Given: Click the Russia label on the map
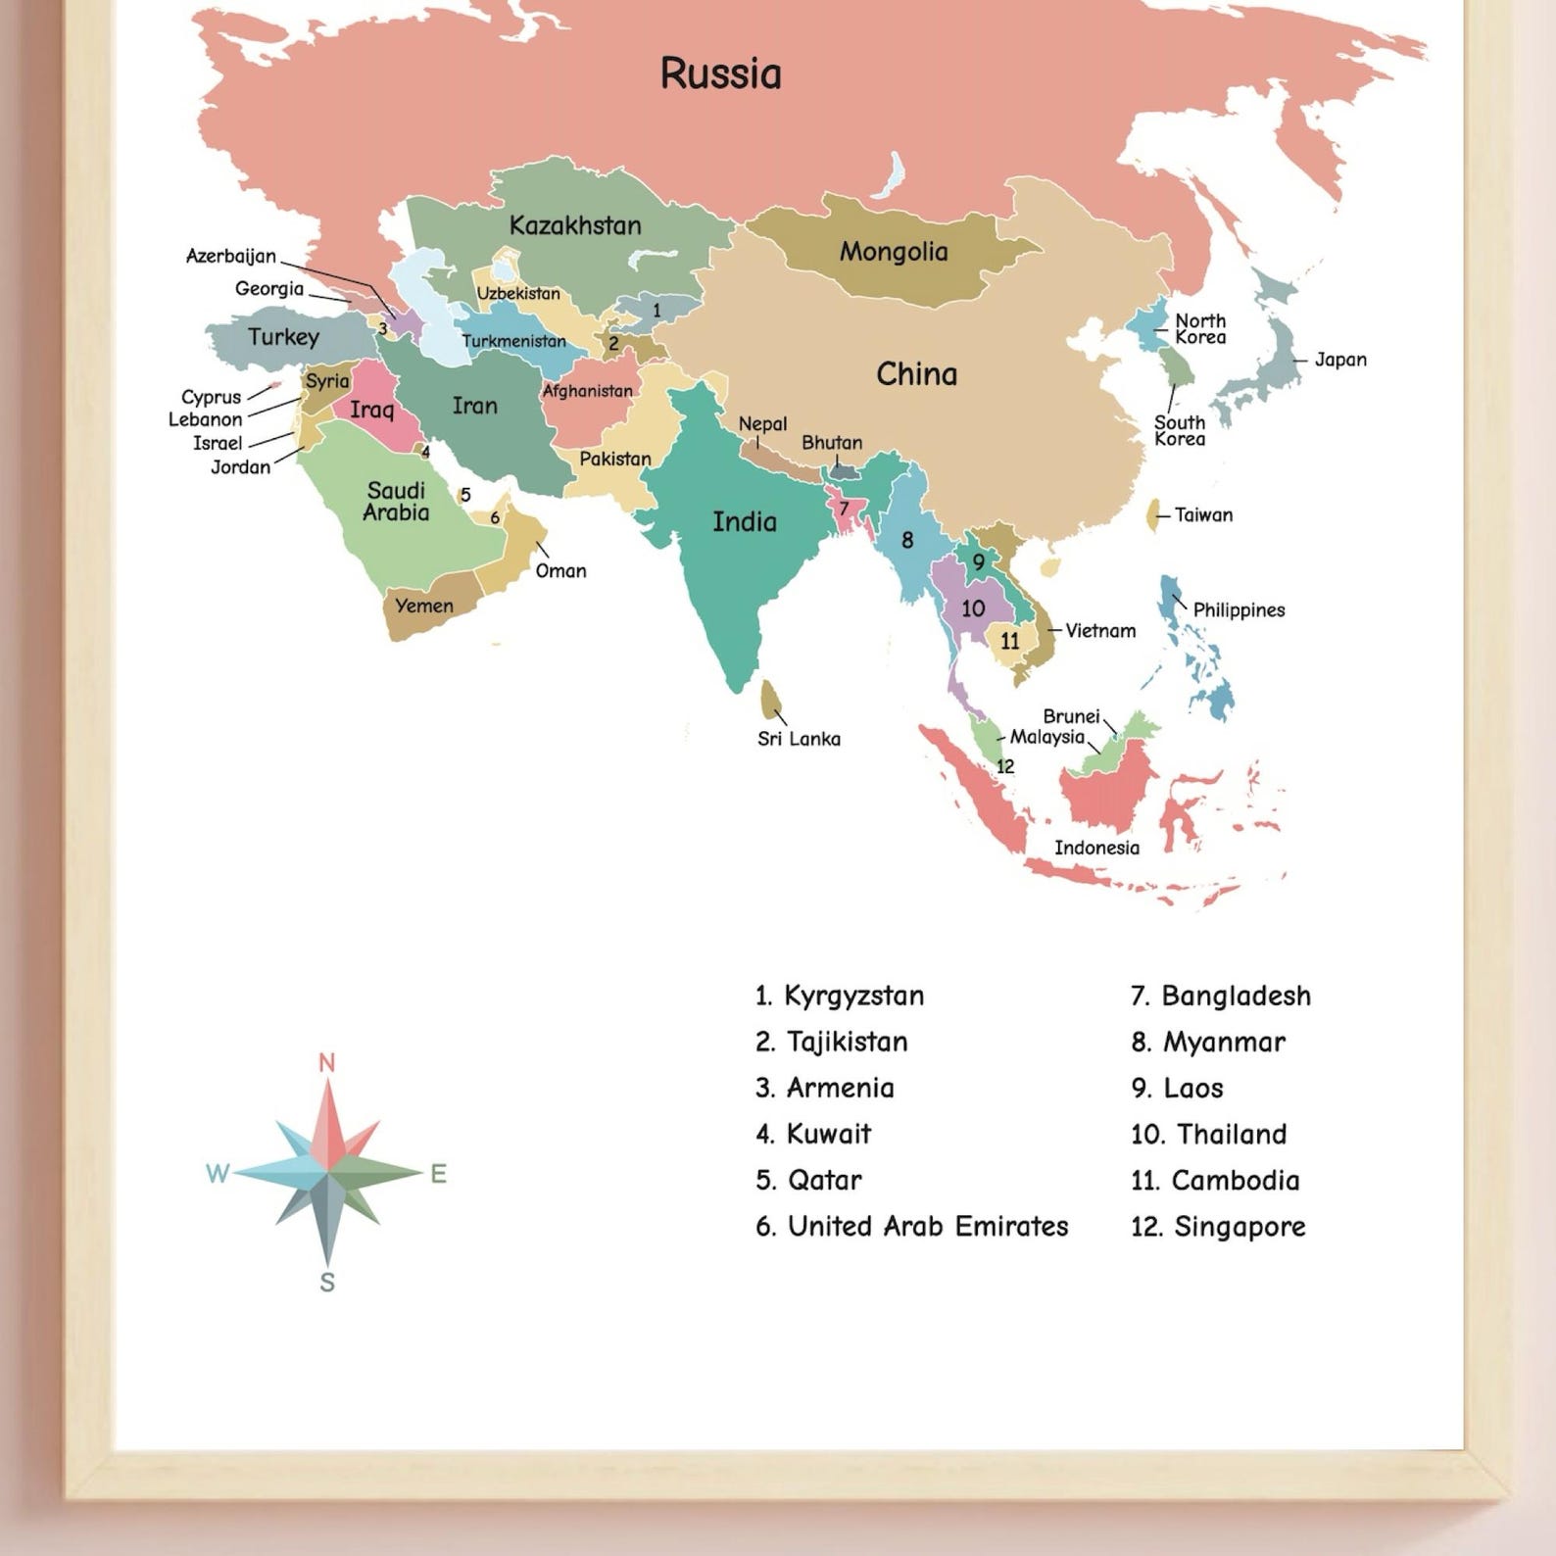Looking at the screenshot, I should [720, 74].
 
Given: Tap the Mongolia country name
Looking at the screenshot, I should [893, 252].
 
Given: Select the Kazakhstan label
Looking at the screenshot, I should [575, 225].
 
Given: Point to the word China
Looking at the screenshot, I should [916, 374].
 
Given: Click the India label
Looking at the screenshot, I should [744, 521].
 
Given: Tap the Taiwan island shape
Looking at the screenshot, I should [1153, 513].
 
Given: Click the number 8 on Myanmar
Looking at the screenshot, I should [907, 540].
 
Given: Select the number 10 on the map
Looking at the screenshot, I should [972, 608].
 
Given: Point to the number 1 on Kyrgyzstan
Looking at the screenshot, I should [656, 311].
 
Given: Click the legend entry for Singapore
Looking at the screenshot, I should [1218, 1227].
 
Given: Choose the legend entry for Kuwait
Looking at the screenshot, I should [813, 1135].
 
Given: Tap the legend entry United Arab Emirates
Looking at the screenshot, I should [912, 1227].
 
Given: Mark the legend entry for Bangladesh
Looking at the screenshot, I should [1221, 997].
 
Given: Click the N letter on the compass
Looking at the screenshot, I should [327, 1063].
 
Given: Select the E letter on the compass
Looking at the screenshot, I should [438, 1173].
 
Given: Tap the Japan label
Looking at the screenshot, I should [1339, 360].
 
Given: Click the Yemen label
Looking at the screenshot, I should [424, 607].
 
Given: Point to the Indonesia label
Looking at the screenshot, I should [1096, 849].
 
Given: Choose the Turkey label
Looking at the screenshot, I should [283, 337].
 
